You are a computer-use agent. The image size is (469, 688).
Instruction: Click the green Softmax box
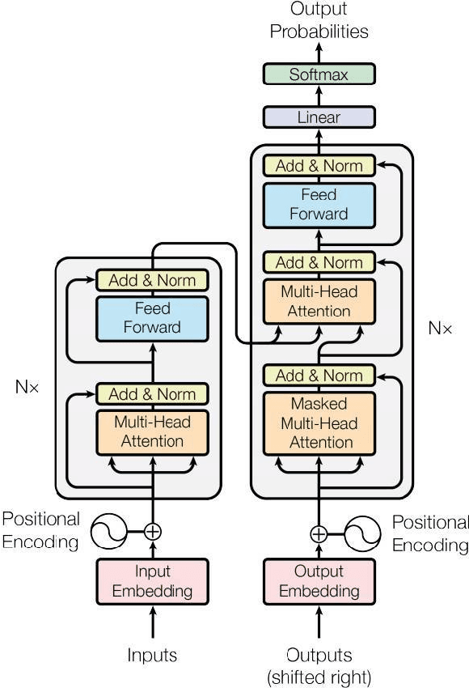[x=319, y=74]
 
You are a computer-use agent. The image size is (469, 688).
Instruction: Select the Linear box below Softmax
[x=319, y=117]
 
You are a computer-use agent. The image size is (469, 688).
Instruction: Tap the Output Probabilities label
[x=319, y=22]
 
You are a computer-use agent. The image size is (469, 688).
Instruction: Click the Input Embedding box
[x=152, y=581]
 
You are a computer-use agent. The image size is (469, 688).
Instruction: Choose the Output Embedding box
[x=319, y=581]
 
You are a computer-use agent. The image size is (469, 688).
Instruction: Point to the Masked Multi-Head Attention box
[x=319, y=423]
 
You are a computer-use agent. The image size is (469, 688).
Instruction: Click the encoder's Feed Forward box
[x=152, y=318]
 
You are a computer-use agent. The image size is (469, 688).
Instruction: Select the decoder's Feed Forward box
[x=319, y=205]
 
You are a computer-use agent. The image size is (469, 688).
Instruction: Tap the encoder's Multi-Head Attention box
[x=152, y=431]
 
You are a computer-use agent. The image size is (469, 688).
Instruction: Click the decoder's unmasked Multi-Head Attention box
[x=319, y=301]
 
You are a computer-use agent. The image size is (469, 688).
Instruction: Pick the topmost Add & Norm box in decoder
[x=319, y=166]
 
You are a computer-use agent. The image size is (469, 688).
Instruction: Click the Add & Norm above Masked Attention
[x=319, y=376]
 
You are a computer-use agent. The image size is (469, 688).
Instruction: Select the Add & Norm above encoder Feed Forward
[x=152, y=280]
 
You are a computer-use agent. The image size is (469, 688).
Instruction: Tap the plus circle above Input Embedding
[x=152, y=532]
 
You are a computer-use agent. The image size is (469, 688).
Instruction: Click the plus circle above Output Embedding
[x=319, y=533]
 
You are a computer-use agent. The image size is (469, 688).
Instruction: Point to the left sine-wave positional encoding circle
[x=107, y=532]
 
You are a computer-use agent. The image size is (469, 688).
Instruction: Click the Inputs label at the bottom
[x=152, y=655]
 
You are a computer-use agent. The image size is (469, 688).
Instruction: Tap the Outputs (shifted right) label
[x=319, y=664]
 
